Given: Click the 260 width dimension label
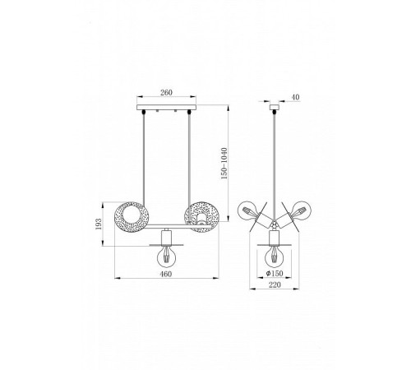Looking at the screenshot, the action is pyautogui.click(x=166, y=93).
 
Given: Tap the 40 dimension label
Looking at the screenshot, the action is pyautogui.click(x=295, y=97).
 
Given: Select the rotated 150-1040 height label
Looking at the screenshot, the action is pyautogui.click(x=224, y=164).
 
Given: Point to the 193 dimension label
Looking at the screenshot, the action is pyautogui.click(x=99, y=224).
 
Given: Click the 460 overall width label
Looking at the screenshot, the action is pyautogui.click(x=166, y=274).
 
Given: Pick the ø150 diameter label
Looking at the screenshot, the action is pyautogui.click(x=275, y=273).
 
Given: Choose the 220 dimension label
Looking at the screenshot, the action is pyautogui.click(x=275, y=284).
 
